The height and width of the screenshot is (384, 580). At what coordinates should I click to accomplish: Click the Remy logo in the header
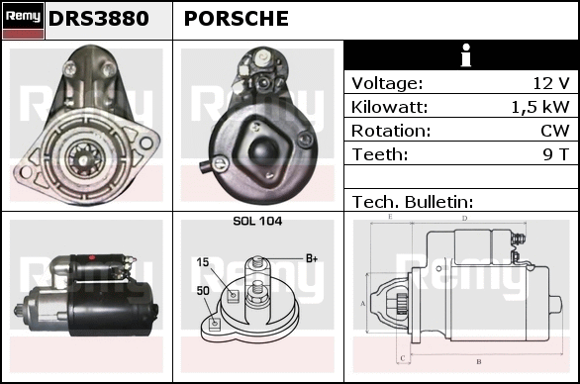(23, 21)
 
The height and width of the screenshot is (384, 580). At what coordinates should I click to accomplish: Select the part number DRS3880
(98, 19)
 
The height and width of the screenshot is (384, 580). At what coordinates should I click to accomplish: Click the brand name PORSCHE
(236, 19)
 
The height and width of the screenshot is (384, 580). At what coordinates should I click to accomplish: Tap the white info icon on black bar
(466, 55)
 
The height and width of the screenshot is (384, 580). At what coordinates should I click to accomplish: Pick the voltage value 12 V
(550, 83)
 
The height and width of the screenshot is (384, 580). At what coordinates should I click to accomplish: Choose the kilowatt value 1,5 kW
(540, 107)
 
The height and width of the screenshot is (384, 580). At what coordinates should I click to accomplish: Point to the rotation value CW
(555, 131)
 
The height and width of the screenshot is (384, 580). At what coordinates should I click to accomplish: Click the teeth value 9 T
(556, 154)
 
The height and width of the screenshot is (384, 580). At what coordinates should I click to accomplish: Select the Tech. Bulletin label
(413, 202)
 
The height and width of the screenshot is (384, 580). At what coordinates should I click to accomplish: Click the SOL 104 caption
(257, 222)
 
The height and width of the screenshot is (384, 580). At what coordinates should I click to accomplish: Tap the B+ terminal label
(312, 258)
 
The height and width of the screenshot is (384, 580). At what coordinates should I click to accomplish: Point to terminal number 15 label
(203, 262)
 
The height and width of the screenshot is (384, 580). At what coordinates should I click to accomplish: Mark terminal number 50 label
(203, 291)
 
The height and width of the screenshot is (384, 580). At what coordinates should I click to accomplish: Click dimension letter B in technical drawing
(479, 361)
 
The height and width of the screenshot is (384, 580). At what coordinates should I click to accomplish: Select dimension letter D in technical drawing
(465, 219)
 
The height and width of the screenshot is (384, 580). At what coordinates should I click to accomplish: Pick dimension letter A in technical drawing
(363, 304)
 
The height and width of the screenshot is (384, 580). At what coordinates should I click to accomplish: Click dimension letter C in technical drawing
(403, 358)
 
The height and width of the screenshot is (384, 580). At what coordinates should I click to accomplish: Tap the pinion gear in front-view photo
(84, 158)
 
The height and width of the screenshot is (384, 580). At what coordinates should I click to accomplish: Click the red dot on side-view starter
(92, 257)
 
